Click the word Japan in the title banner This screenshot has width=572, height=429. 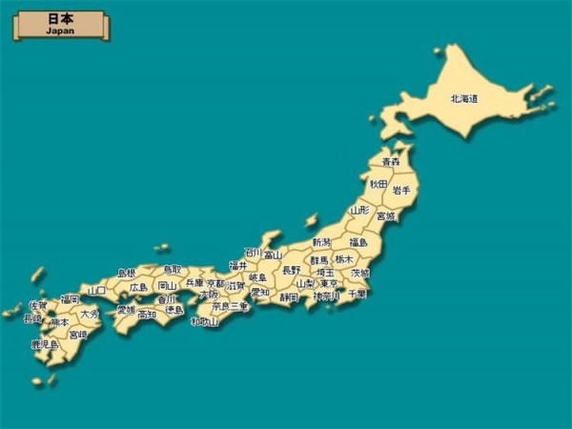60,31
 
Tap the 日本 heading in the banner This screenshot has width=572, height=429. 60,18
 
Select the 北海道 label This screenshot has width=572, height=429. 464,98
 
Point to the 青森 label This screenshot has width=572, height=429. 390,162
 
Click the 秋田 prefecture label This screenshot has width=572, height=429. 378,183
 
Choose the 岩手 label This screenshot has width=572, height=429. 401,191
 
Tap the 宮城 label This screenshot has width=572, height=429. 385,216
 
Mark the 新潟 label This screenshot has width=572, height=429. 321,242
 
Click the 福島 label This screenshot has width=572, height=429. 358,242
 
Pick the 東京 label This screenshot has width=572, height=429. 329,283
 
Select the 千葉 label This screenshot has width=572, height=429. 357,295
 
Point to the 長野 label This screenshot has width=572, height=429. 291,271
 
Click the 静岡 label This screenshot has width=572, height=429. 289,296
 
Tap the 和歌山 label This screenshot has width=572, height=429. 204,321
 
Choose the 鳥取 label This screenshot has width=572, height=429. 172,270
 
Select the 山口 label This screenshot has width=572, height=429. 96,290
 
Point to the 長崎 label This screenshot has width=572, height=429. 32,318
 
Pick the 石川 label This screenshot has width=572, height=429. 253,252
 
